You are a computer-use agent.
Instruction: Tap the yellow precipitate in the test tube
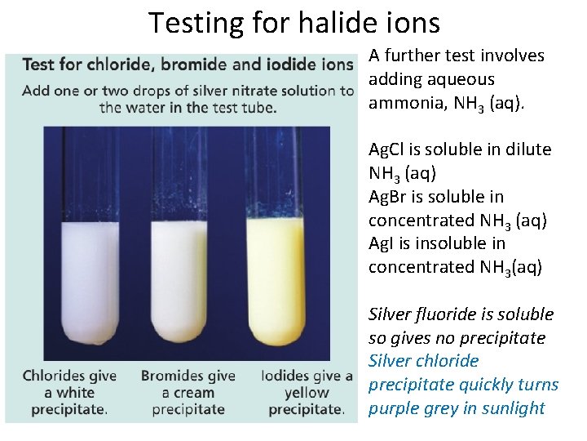(275, 278)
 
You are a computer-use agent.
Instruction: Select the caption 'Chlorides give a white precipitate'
(69, 392)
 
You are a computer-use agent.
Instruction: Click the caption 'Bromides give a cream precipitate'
(188, 392)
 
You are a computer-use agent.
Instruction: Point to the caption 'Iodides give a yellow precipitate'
(307, 392)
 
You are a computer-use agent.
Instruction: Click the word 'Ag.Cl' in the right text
(390, 149)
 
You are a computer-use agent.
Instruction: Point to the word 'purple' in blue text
(394, 408)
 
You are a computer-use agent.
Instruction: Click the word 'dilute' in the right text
(527, 149)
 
